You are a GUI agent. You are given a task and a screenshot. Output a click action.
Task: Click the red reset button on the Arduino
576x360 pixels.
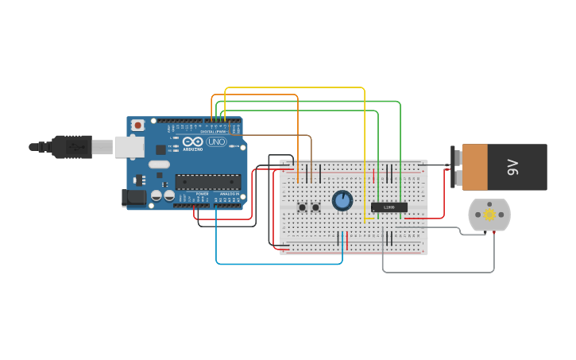coord(138,125)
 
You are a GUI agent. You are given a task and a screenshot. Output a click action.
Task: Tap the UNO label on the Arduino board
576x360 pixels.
coord(216,142)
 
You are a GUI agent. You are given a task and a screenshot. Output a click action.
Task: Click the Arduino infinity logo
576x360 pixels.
coord(188,142)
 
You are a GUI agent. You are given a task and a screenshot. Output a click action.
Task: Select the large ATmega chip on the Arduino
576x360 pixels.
coord(207,182)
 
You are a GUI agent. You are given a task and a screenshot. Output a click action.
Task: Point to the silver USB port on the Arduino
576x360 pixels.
coord(129,146)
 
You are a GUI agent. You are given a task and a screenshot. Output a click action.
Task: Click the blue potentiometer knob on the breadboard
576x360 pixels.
coord(342,200)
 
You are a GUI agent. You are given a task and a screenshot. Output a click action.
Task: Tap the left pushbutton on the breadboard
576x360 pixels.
coord(302,207)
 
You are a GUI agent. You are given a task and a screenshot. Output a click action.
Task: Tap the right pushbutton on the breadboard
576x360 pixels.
coord(315,207)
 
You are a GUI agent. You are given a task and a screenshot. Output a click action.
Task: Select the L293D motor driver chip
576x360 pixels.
coord(389,207)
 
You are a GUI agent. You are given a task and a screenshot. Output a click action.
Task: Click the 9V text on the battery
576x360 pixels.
coord(512,167)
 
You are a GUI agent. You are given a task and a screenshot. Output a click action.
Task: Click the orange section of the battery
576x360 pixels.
coord(475,167)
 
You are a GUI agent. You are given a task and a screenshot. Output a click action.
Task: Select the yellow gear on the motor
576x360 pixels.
coord(489,215)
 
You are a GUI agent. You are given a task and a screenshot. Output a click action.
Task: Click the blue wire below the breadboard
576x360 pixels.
coord(278,263)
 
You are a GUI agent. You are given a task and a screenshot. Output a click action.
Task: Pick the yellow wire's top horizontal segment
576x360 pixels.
coord(294,88)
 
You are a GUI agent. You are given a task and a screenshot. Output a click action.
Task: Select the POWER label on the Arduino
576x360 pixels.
coord(203,194)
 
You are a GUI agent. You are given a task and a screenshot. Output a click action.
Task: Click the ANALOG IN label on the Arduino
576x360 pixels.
coord(230,194)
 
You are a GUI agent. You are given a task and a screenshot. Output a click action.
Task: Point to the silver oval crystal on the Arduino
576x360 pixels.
coord(159,165)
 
